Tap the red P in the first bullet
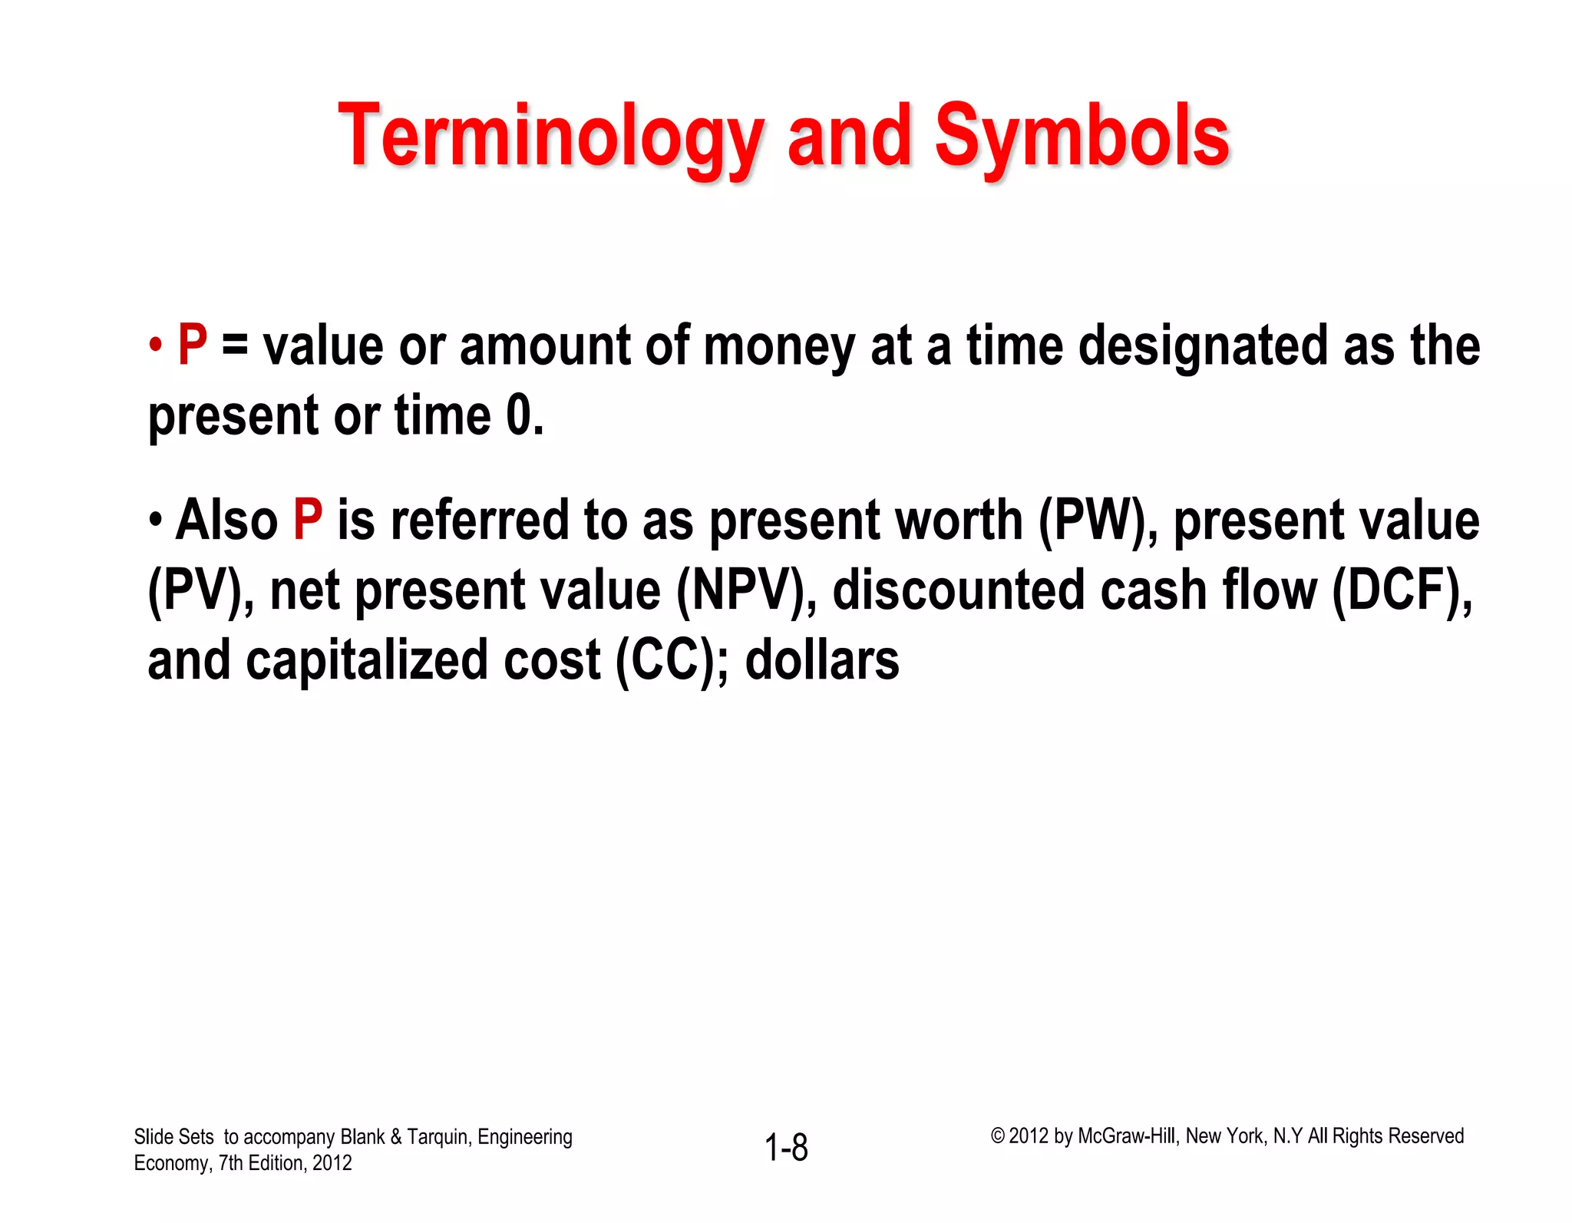[x=193, y=345]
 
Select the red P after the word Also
[x=308, y=521]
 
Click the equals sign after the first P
[x=235, y=347]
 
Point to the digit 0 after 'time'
[x=519, y=416]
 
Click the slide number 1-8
[x=786, y=1148]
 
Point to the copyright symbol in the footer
[x=997, y=1136]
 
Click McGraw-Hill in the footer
[x=1126, y=1136]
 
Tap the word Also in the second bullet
[x=226, y=521]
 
